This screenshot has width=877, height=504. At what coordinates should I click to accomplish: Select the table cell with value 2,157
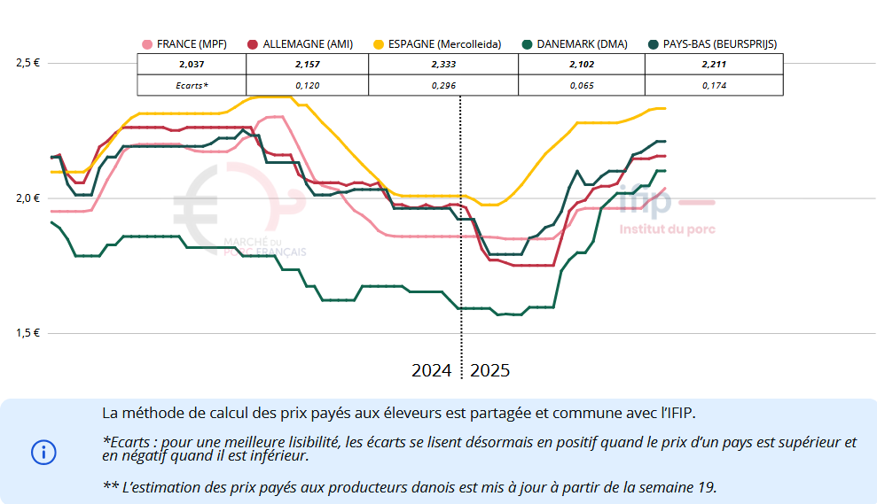click(309, 65)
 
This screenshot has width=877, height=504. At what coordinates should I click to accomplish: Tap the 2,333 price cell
click(444, 65)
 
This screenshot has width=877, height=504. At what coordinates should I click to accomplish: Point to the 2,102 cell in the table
click(582, 65)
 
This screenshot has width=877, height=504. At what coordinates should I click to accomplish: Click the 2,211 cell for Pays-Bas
click(715, 65)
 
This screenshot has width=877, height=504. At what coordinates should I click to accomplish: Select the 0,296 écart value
click(444, 85)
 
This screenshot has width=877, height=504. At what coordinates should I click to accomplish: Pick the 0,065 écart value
click(582, 85)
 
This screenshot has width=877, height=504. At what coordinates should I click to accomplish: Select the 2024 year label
click(432, 370)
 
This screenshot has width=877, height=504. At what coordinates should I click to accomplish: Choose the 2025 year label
click(490, 370)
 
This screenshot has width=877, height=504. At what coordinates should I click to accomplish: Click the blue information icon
click(43, 452)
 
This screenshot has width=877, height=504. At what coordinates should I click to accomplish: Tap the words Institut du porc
click(667, 229)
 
